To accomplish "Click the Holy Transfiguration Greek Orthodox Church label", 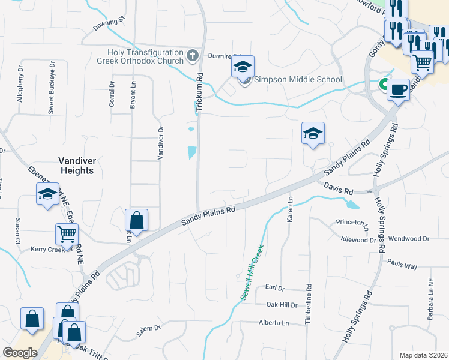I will [x=141, y=56].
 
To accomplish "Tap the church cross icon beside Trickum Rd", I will [x=192, y=56].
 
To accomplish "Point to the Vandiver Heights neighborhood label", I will [x=77, y=165].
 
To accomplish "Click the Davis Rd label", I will [x=339, y=189].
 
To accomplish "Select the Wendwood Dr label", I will [x=409, y=238].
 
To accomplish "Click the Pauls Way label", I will [x=402, y=265].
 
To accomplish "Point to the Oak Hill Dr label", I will [x=282, y=305].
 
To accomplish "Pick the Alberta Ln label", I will [x=274, y=323].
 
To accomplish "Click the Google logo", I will [x=20, y=352].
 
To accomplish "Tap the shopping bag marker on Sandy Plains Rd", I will [x=137, y=221].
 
